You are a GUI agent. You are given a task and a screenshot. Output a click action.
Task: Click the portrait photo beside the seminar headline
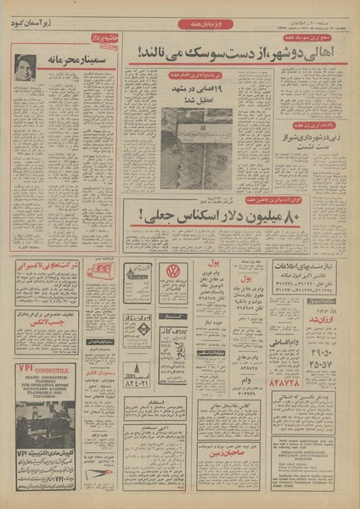tap(25, 69)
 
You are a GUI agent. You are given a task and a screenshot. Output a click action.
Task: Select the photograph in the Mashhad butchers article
tap(196, 148)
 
